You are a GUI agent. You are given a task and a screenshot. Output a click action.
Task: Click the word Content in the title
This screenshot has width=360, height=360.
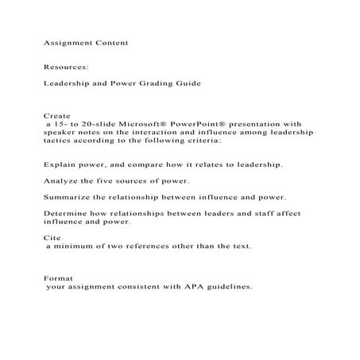110,39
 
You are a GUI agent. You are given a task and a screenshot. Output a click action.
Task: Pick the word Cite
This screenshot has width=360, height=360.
50,238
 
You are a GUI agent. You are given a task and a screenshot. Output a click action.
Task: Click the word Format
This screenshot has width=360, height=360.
59,278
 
